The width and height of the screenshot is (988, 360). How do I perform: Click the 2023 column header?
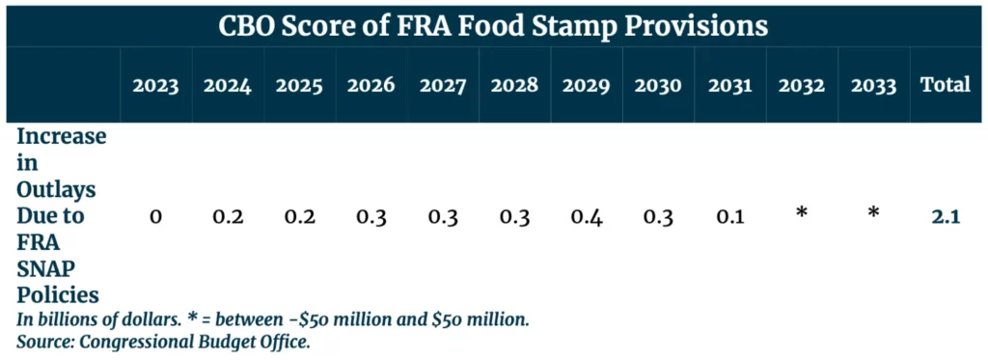pos(155,85)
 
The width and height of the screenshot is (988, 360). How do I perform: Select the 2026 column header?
pos(370,85)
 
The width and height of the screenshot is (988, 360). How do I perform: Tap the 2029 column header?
pos(586,85)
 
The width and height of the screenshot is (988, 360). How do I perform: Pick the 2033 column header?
pos(873,85)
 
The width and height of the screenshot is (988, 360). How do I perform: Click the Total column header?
pos(945,85)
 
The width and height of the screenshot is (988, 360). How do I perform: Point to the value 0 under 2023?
pos(155,217)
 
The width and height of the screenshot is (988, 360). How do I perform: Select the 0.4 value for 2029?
pos(586,217)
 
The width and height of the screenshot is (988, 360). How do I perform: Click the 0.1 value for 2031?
pos(729,217)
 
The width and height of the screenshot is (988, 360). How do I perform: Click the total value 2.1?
pos(945,217)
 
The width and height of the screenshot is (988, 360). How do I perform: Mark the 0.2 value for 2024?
pos(228,217)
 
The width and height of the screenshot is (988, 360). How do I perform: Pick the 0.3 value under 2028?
pos(514,217)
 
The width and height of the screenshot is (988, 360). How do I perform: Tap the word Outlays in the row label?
pos(55,188)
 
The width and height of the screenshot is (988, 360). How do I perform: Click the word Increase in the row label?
pos(61,136)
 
